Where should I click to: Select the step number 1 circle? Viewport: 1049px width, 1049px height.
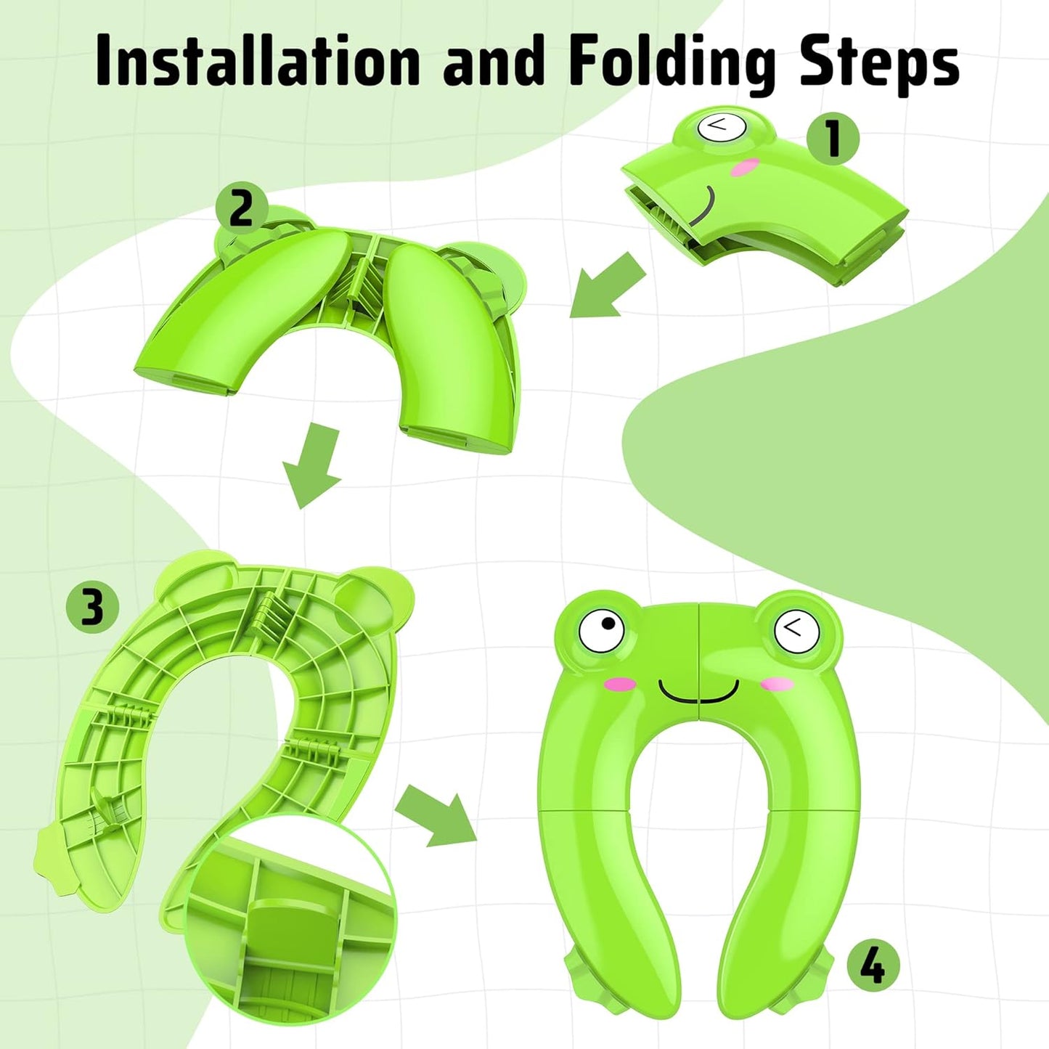pos(833,138)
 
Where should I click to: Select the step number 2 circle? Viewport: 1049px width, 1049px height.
pos(242,208)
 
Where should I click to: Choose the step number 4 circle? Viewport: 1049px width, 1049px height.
pos(873,966)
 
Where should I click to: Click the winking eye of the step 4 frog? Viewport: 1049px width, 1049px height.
pos(796,629)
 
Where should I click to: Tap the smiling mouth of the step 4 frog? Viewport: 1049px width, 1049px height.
pos(698,691)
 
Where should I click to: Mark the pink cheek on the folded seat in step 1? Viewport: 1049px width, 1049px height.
pos(745,168)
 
